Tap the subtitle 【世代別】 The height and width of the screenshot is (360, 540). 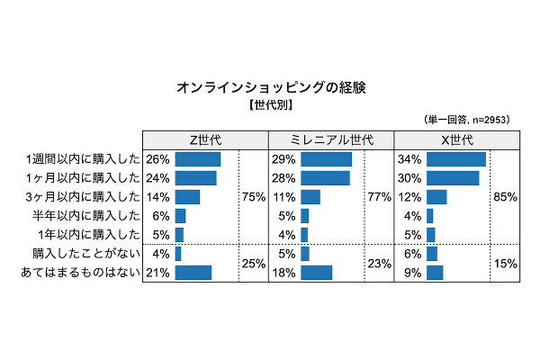tap(271, 105)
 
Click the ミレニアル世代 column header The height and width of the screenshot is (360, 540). tap(332, 139)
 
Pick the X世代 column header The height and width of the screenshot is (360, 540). tap(458, 139)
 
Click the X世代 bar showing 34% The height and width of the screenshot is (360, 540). tap(456, 159)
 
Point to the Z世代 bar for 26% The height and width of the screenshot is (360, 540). tap(197, 159)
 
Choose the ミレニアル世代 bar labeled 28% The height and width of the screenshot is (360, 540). tap(325, 178)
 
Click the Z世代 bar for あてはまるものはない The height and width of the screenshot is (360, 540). tap(193, 273)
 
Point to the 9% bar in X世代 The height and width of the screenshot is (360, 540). tap(435, 273)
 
